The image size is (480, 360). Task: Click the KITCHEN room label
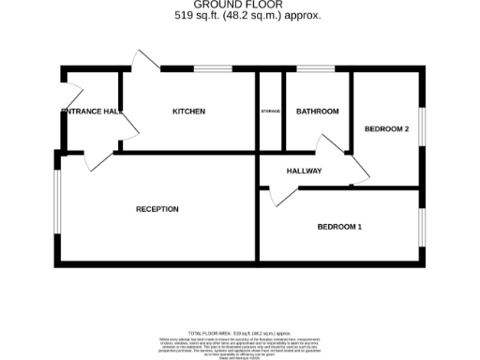tap(188, 112)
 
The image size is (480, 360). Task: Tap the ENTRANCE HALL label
tap(91, 112)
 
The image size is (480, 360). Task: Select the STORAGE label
tap(271, 112)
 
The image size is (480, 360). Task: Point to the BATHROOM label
tap(317, 112)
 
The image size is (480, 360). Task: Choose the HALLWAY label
tap(304, 171)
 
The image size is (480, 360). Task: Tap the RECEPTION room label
tap(157, 209)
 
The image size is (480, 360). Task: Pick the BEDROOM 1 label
tap(339, 227)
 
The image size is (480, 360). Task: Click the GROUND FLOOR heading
tap(239, 6)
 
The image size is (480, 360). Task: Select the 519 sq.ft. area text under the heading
tap(239, 16)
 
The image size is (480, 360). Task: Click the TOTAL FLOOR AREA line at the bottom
tap(240, 333)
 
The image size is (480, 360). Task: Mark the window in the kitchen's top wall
tap(213, 68)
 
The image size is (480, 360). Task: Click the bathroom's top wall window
tap(314, 68)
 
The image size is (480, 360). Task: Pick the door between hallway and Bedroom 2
tap(360, 169)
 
